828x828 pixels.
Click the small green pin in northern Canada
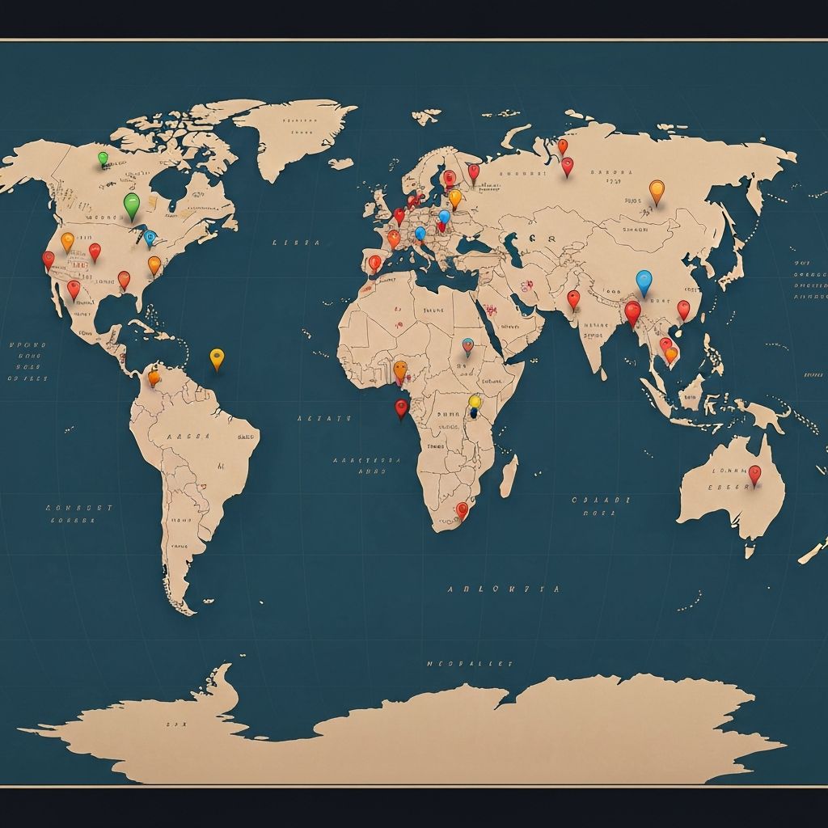[103, 158]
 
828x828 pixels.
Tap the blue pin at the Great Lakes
[150, 237]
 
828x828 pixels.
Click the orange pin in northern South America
[154, 376]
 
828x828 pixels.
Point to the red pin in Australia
[754, 474]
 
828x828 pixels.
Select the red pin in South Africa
[462, 509]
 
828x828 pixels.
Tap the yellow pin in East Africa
[475, 402]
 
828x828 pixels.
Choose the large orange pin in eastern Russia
[657, 190]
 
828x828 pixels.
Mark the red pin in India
[573, 298]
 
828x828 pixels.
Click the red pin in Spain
[374, 263]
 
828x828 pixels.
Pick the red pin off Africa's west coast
[401, 407]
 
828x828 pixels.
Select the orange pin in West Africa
[400, 370]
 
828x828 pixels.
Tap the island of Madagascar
[509, 475]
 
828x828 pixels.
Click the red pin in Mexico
[74, 288]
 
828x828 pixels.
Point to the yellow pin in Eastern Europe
[455, 196]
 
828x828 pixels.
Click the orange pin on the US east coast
[154, 264]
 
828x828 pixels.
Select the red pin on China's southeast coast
[683, 308]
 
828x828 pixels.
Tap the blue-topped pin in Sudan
[467, 345]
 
